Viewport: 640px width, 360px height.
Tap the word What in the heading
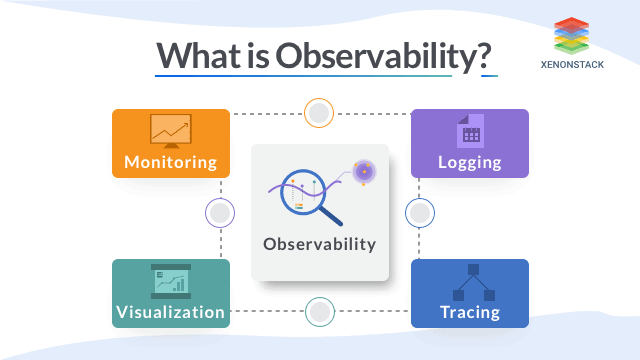pos(199,55)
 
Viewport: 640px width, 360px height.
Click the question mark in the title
pos(485,55)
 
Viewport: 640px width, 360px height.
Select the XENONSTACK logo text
pos(572,64)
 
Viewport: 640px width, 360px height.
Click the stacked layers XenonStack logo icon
pos(571,36)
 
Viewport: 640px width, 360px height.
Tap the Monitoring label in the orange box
pos(171,162)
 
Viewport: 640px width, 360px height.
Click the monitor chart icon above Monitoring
pos(171,131)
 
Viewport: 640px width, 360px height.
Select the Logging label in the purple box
pos(469,162)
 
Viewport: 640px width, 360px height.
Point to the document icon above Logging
pos(470,131)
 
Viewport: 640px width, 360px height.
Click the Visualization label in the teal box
pos(171,312)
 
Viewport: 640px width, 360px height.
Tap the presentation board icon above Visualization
pos(171,281)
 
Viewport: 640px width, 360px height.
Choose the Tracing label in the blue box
pos(470,313)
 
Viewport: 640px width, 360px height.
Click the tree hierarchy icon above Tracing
pos(473,282)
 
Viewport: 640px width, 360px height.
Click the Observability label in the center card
pos(320,244)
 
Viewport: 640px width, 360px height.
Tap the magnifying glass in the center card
pos(309,196)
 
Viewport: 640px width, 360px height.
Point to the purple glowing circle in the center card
pos(364,172)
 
